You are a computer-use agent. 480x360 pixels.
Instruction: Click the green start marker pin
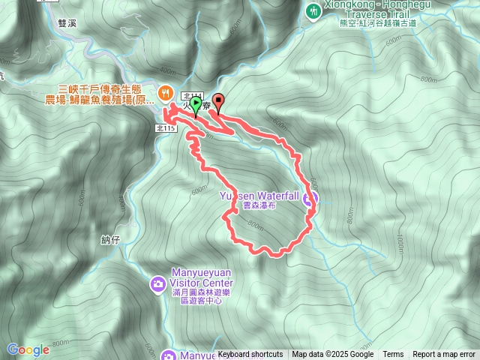(196, 105)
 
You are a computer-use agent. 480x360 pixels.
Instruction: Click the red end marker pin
(218, 100)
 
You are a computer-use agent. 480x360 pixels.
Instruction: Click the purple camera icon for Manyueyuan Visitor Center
(158, 283)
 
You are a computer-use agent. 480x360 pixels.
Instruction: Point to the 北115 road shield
(166, 128)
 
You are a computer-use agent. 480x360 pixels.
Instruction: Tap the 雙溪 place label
(67, 24)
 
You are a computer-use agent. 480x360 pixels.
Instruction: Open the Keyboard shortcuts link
(250, 355)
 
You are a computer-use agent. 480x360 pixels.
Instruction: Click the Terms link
(393, 355)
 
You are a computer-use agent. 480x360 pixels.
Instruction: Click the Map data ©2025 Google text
(333, 355)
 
